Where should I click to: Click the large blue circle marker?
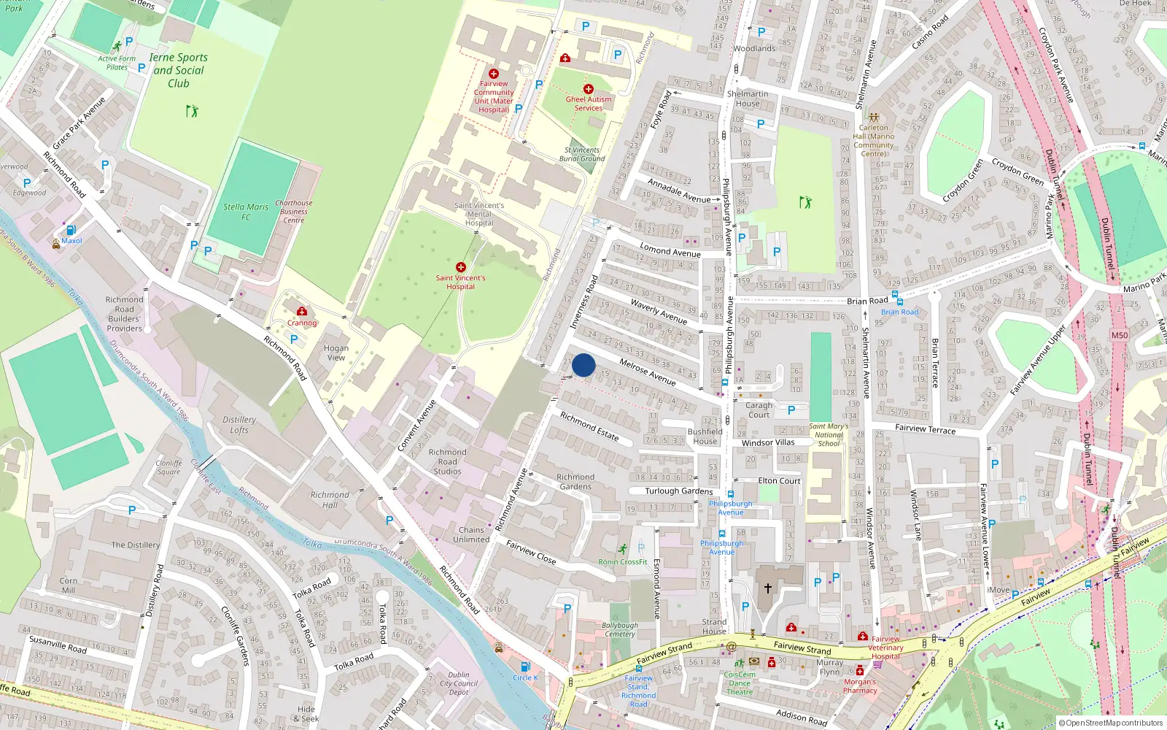pyautogui.click(x=583, y=365)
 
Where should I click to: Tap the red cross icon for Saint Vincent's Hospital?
pyautogui.click(x=460, y=267)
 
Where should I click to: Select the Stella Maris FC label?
pyautogui.click(x=246, y=212)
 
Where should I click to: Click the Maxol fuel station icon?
pyautogui.click(x=71, y=230)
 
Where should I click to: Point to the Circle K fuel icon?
pyautogui.click(x=524, y=666)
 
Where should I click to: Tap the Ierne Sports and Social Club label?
pyautogui.click(x=179, y=70)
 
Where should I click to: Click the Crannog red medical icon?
pyautogui.click(x=302, y=311)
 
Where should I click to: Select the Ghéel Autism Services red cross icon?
pyautogui.click(x=589, y=89)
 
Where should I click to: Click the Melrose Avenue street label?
pyautogui.click(x=647, y=372)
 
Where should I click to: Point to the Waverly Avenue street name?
pyautogui.click(x=659, y=312)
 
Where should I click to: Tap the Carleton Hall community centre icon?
pyautogui.click(x=874, y=117)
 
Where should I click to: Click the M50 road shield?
pyautogui.click(x=1119, y=335)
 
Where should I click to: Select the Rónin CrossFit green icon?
pyautogui.click(x=622, y=549)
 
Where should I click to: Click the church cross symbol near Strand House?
pyautogui.click(x=767, y=588)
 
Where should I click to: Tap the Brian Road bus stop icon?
pyautogui.click(x=899, y=301)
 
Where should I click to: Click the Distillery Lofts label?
pyautogui.click(x=239, y=425)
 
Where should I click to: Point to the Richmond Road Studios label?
pyautogui.click(x=447, y=461)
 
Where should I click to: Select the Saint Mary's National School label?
pyautogui.click(x=829, y=434)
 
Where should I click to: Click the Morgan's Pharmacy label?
pyautogui.click(x=860, y=685)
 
